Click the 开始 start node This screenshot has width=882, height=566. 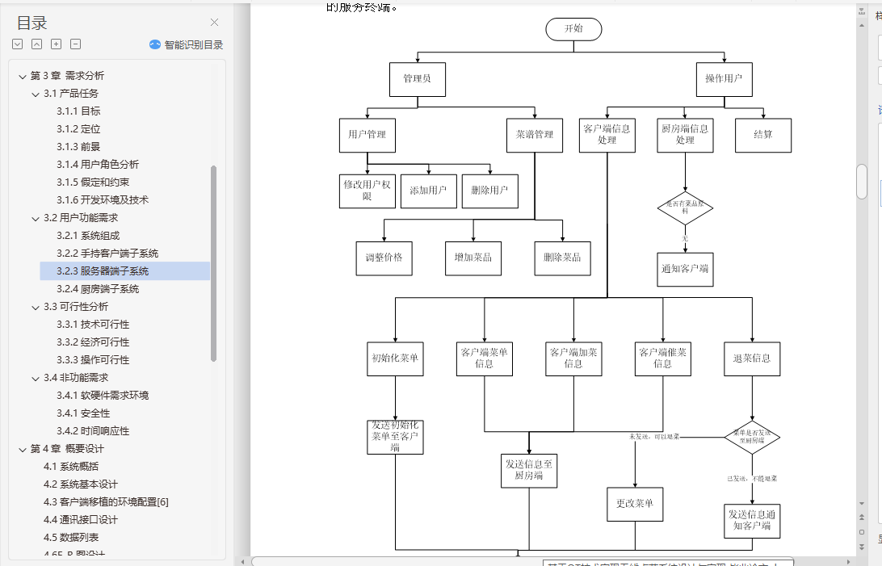click(573, 29)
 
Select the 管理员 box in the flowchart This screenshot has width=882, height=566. click(417, 79)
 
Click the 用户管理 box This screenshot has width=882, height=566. click(367, 135)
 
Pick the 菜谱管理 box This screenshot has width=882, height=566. click(535, 135)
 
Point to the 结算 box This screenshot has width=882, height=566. click(762, 135)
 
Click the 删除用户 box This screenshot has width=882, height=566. click(489, 191)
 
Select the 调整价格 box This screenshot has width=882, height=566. click(384, 258)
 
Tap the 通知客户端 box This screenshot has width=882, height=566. click(685, 269)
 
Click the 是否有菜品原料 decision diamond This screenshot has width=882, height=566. click(685, 208)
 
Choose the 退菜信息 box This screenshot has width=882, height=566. click(751, 358)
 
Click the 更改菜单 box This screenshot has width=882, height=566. click(634, 504)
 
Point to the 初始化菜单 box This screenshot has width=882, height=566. click(395, 358)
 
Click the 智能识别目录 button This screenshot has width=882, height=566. click(187, 45)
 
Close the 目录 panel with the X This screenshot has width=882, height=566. click(214, 23)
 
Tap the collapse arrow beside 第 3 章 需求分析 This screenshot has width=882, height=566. click(22, 76)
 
